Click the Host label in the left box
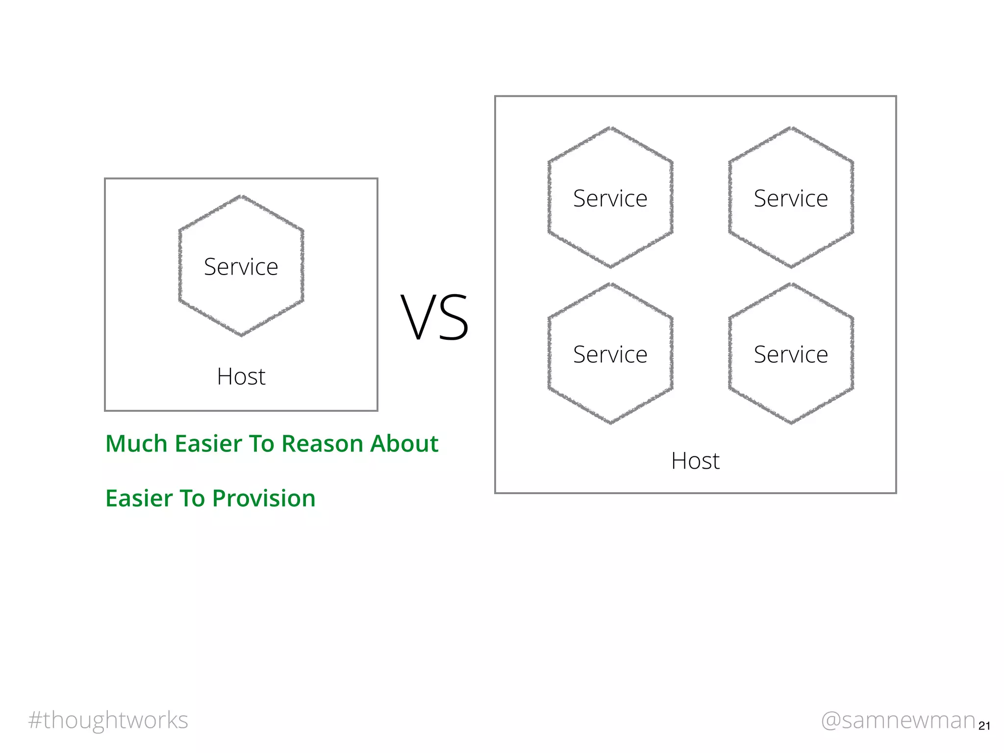[x=241, y=376]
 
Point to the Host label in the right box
[x=695, y=461]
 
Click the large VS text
[x=435, y=317]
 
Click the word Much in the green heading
[x=136, y=444]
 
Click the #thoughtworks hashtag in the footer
[x=108, y=720]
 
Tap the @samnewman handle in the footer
[x=898, y=720]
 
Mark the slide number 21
[x=984, y=726]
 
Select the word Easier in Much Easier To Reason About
[x=208, y=444]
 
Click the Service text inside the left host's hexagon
[x=241, y=267]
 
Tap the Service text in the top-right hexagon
[x=791, y=199]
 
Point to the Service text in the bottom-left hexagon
[x=610, y=354]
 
